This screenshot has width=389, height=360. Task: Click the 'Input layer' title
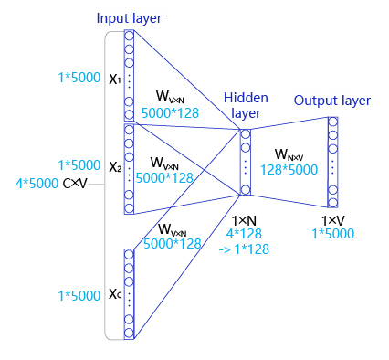[129, 19]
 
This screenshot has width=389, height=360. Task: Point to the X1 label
[115, 79]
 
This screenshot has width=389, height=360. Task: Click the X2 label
[115, 168]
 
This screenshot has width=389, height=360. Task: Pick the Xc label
[115, 293]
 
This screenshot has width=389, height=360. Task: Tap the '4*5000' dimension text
[37, 184]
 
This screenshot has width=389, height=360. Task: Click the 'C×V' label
[76, 184]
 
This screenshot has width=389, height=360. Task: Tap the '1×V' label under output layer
[332, 221]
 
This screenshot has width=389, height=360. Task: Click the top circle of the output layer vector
[333, 122]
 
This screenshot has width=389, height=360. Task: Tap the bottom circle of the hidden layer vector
[245, 190]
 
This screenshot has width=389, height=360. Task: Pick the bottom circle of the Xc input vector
[129, 333]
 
